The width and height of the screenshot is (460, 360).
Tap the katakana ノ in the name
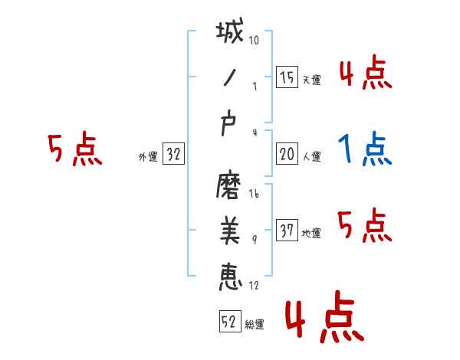229,79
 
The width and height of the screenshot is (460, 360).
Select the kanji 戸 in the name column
229,126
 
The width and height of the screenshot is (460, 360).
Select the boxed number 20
286,153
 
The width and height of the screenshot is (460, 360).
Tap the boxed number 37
286,230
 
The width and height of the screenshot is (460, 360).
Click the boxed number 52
228,322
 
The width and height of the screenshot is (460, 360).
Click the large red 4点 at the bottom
323,320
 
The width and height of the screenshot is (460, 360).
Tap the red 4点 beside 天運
366,73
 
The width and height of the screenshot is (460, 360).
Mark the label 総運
254,325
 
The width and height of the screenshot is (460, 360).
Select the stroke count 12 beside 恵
254,286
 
